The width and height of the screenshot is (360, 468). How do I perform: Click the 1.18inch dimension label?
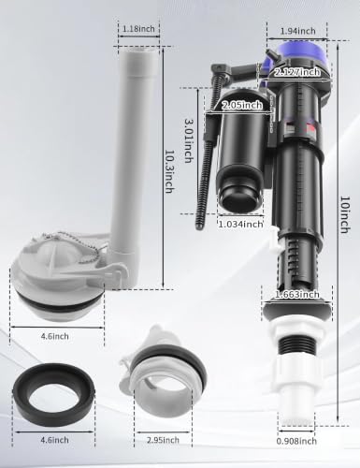(x=138, y=29)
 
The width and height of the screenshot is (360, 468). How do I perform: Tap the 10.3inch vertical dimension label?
(x=168, y=171)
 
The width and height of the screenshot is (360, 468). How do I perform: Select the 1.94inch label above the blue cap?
(x=298, y=31)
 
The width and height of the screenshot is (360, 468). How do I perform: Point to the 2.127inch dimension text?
(x=296, y=72)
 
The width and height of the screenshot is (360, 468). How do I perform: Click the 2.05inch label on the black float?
(x=242, y=106)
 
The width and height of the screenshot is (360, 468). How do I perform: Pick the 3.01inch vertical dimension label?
(x=189, y=140)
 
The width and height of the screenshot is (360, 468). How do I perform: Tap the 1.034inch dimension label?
(x=240, y=224)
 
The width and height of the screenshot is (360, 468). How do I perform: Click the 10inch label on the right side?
(x=345, y=214)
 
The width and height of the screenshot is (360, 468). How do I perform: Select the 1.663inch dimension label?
(x=296, y=295)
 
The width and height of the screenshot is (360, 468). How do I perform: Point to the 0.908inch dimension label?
(x=296, y=441)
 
